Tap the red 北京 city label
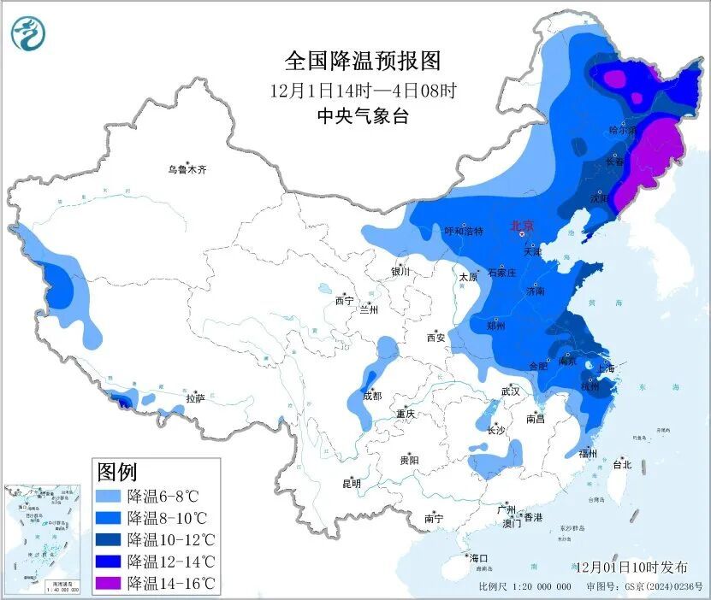[522, 226]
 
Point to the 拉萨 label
[194, 397]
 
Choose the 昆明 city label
[352, 483]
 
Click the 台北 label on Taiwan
[621, 465]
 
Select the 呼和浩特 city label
[464, 231]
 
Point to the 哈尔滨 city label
[623, 131]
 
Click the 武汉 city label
[511, 391]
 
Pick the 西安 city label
[435, 338]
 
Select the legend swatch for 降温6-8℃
[109, 496]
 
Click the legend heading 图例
[117, 471]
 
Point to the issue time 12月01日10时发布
[631, 567]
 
